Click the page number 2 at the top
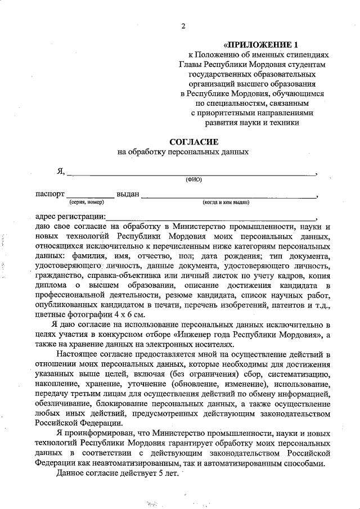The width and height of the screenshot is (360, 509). point(183,26)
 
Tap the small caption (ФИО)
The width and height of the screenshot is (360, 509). point(193,180)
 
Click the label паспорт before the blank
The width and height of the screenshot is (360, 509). point(49,194)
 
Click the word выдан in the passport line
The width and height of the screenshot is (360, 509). point(128,194)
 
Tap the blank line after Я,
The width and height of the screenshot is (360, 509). point(191,173)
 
